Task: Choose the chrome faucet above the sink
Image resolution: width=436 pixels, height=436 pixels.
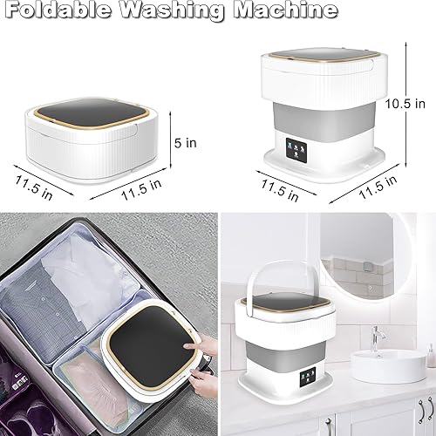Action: coord(378,337)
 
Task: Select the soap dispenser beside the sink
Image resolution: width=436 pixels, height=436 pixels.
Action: coord(429,358)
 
